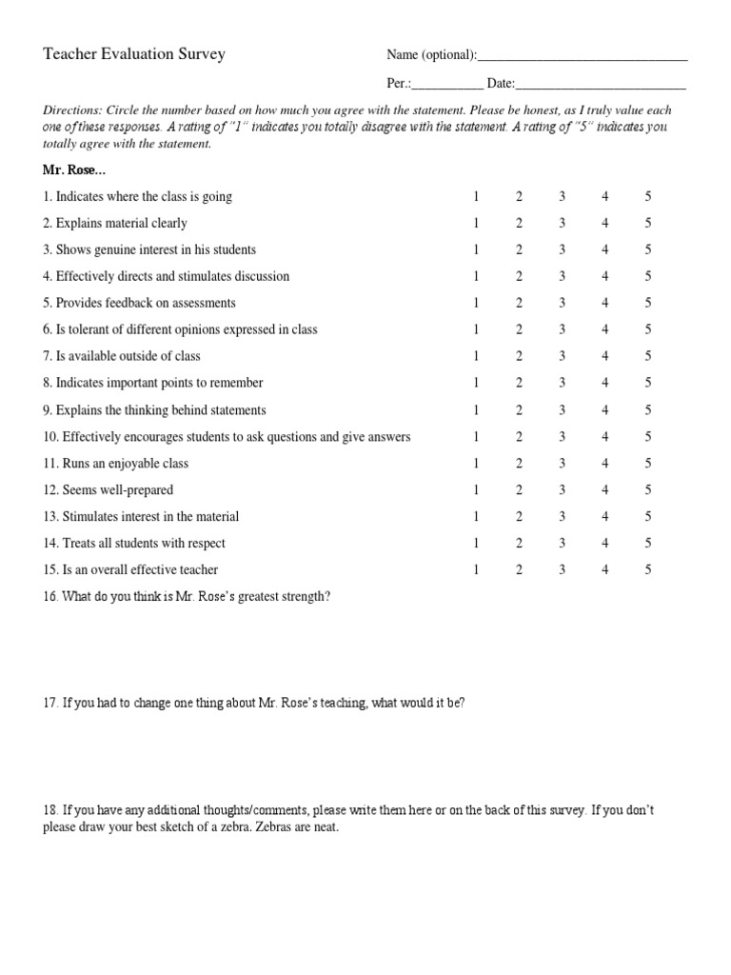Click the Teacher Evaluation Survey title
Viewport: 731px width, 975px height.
(x=134, y=54)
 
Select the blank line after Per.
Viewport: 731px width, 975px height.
(x=447, y=87)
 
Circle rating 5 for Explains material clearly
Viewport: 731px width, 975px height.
(x=648, y=224)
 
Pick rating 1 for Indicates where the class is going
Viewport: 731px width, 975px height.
(x=476, y=197)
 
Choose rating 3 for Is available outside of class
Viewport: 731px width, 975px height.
(x=563, y=356)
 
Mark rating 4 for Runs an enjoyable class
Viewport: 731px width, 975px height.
(x=605, y=464)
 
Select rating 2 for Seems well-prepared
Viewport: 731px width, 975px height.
(x=520, y=490)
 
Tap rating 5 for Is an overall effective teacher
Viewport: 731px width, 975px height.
(x=648, y=570)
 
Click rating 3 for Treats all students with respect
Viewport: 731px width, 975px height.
(x=563, y=544)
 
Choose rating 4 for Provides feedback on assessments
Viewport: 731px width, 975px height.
(x=605, y=303)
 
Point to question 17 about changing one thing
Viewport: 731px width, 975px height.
(x=254, y=703)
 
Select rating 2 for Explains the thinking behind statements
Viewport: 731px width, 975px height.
(x=520, y=410)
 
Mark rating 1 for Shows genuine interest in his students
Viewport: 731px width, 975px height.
(x=476, y=250)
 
